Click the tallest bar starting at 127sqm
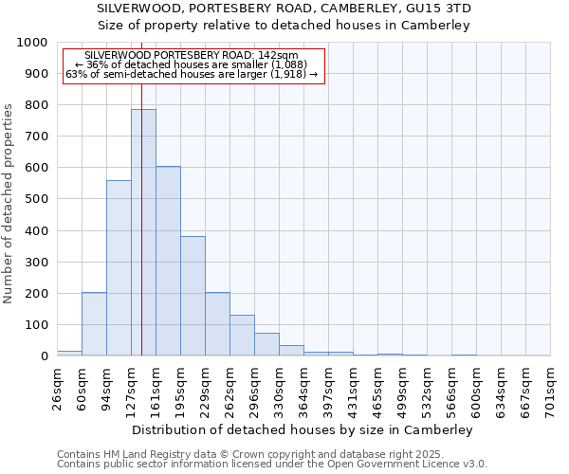[x=143, y=232]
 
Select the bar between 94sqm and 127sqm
[x=119, y=268]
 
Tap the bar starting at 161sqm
[x=168, y=261]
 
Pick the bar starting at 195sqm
[x=193, y=296]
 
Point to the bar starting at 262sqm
[x=242, y=336]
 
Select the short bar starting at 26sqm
[x=69, y=353]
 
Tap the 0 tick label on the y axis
[x=44, y=356]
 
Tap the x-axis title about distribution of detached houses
[x=303, y=429]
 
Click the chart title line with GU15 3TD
[x=284, y=9]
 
